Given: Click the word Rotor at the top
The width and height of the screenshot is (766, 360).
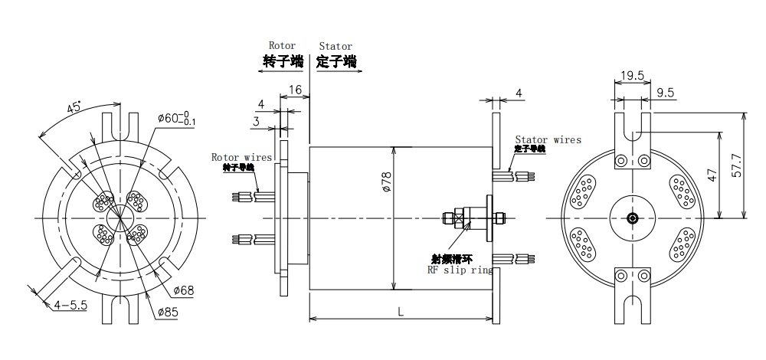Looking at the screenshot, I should tap(282, 46).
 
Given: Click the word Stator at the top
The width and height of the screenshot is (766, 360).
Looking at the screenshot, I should tap(336, 46).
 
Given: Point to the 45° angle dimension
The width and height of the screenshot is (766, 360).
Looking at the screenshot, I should tap(73, 108).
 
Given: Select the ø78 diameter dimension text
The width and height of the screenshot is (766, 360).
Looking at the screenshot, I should tap(386, 182).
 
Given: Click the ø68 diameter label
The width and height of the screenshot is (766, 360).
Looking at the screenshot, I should tap(184, 290).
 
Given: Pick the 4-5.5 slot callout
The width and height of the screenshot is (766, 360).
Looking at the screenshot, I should tap(70, 305).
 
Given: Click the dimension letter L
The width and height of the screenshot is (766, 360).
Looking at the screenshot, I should tap(402, 310).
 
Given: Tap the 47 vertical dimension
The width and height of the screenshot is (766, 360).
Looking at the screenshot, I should tap(713, 175).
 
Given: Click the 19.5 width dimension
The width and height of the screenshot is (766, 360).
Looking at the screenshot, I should tap(632, 76).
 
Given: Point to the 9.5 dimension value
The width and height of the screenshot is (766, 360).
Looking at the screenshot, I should tap(666, 93).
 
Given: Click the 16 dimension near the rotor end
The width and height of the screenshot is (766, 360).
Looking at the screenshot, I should tap(295, 90).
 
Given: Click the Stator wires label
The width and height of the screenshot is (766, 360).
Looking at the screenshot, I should tap(548, 139).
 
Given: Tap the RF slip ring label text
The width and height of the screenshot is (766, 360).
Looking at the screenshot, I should tap(459, 270).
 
